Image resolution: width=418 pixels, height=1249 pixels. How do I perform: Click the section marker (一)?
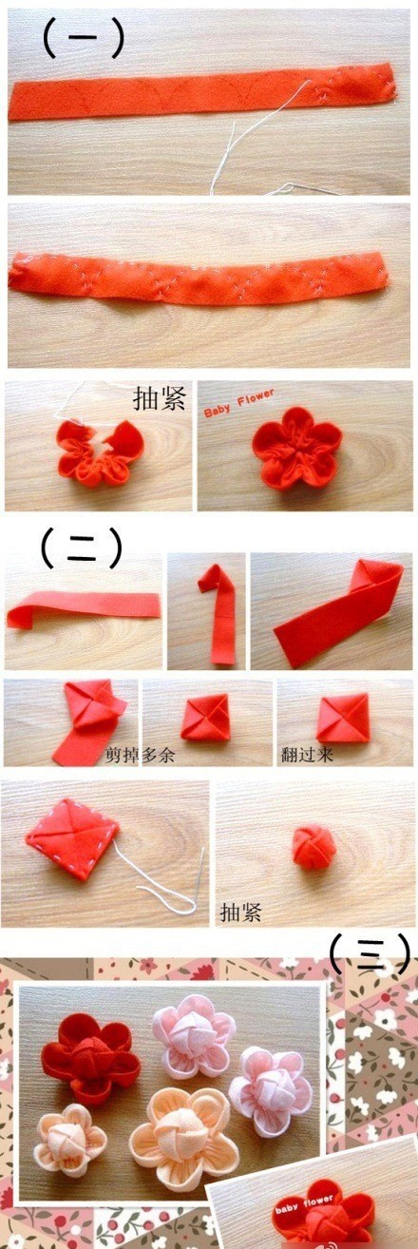pos(84,38)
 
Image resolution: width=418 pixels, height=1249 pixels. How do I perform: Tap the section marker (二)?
pos(83,548)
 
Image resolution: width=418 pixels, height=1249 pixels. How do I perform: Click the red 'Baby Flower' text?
pos(239,403)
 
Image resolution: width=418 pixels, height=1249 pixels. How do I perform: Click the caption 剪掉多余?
pos(141,755)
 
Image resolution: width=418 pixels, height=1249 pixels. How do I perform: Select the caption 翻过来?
pos(307,755)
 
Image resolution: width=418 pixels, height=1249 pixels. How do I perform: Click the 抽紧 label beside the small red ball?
pos(240,913)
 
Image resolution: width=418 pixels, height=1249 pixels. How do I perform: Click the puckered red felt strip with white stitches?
pos(198,278)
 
